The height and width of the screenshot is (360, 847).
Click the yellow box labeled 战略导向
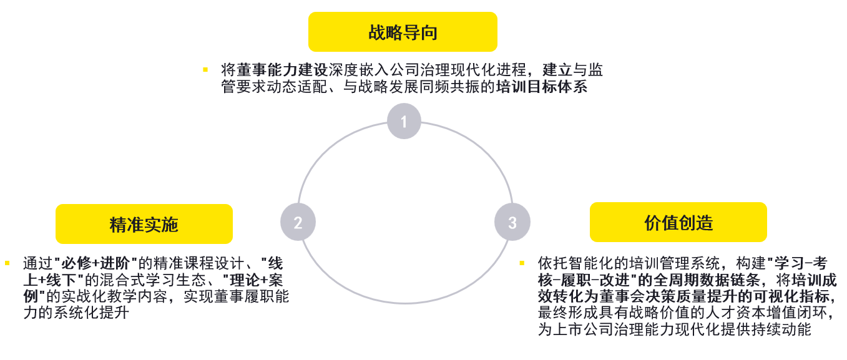coord(403,32)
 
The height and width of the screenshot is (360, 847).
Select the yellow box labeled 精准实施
coord(144,224)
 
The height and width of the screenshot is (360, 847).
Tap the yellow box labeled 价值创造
coord(678,222)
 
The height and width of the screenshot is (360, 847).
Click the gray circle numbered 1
coord(404,121)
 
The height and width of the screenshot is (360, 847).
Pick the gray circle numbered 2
coord(298,222)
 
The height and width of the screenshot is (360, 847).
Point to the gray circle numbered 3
coord(512,222)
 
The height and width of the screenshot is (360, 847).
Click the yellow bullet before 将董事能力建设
coord(205,70)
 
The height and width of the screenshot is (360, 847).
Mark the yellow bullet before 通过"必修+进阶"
coord(7,263)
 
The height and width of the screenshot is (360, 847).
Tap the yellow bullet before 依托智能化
coord(522,263)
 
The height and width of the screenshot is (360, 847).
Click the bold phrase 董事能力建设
coord(282,70)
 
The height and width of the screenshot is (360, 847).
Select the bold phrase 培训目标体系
coord(542,87)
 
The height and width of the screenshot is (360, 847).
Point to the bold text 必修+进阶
coord(95,263)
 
